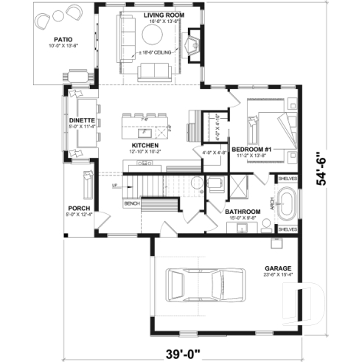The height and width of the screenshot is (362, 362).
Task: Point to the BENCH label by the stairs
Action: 131,203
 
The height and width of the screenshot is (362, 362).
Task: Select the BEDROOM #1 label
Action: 253,150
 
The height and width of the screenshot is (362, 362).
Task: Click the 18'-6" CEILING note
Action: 158,54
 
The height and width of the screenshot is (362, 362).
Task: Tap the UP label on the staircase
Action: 114,187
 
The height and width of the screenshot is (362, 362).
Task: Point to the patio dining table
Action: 77,74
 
